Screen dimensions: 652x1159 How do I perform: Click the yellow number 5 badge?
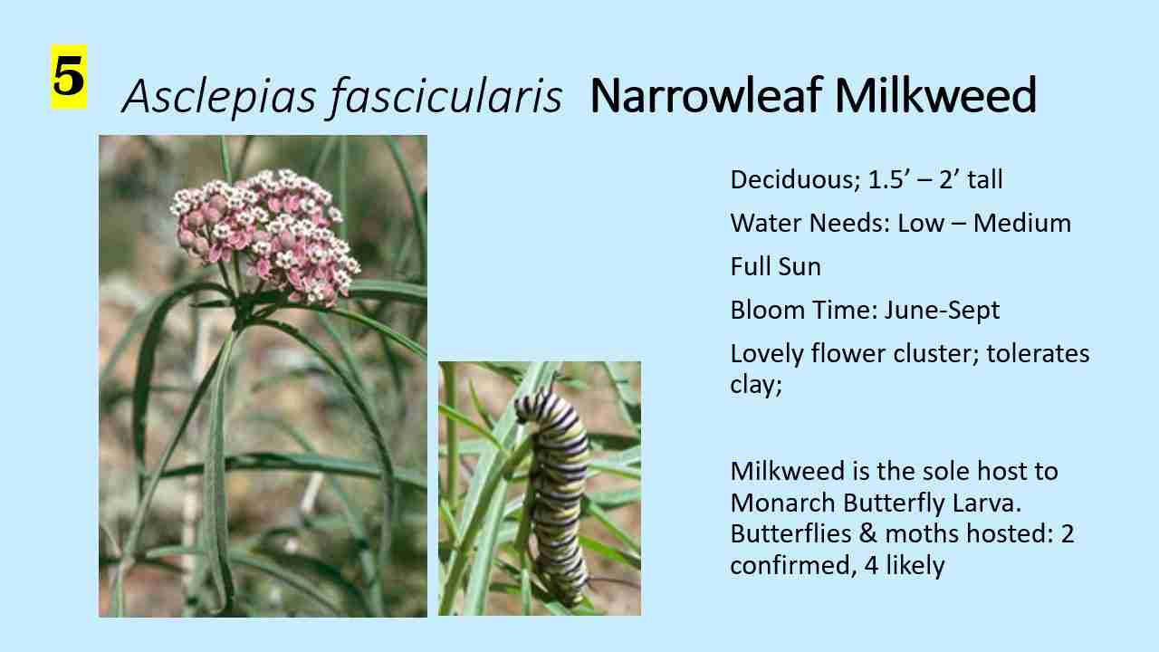coord(69,77)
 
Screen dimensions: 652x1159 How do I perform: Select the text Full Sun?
coord(775,266)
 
